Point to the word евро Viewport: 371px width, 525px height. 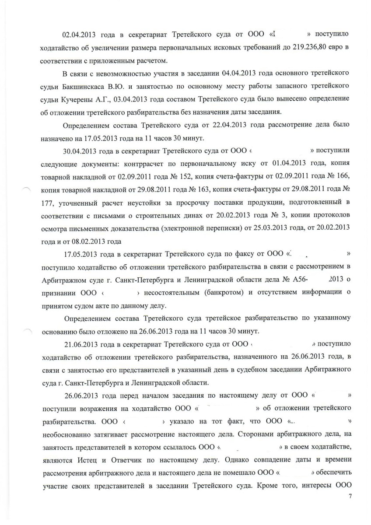339,46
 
